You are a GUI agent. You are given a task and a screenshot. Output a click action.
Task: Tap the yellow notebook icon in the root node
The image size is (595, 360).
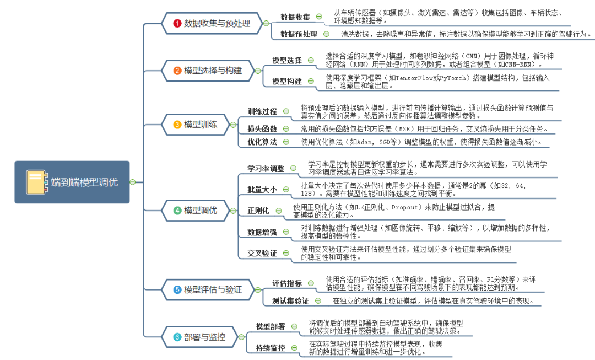[35, 182]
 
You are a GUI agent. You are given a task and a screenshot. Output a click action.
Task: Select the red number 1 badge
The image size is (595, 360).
[177, 24]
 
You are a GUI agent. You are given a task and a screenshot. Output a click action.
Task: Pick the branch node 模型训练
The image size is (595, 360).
[200, 125]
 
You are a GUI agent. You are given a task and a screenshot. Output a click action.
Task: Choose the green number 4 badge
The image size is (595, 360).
[177, 210]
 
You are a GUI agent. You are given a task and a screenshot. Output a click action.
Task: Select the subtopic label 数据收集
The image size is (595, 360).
[295, 17]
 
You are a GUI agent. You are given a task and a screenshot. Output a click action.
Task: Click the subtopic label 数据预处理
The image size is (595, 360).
[299, 34]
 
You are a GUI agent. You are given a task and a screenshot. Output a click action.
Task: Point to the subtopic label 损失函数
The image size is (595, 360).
[262, 129]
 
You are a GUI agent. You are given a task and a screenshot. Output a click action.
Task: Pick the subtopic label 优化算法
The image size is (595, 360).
[262, 142]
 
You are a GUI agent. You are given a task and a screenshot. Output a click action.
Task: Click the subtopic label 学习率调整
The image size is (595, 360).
[266, 168]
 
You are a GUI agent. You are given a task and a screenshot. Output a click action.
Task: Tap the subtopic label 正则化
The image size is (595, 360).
[258, 211]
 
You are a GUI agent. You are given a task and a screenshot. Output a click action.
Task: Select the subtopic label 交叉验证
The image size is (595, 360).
[262, 253]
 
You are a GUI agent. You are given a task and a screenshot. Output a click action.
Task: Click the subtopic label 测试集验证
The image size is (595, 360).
[291, 301]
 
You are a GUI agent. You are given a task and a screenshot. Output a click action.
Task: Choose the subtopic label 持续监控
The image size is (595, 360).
[271, 348]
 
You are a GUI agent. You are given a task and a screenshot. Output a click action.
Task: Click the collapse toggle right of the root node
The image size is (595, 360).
[132, 182]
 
